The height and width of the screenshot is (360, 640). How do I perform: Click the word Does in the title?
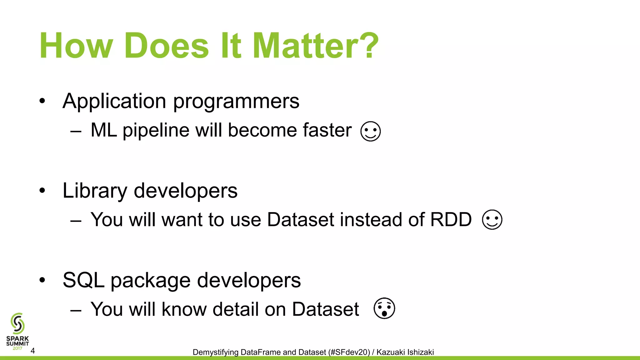pyautogui.click(x=167, y=46)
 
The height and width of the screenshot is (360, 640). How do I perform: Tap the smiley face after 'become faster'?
pyautogui.click(x=370, y=131)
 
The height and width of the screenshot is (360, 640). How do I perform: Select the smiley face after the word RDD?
pyautogui.click(x=492, y=220)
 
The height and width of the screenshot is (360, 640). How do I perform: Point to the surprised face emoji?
pyautogui.click(x=384, y=308)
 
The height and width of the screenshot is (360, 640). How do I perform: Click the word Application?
pyautogui.click(x=114, y=102)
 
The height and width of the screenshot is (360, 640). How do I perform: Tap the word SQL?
pyautogui.click(x=83, y=280)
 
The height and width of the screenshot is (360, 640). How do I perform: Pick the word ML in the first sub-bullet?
pyautogui.click(x=104, y=130)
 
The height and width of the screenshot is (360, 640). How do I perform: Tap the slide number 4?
pyautogui.click(x=32, y=351)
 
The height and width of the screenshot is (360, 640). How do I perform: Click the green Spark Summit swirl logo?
pyautogui.click(x=17, y=324)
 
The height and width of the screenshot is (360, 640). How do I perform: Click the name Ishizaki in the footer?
pyautogui.click(x=420, y=352)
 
